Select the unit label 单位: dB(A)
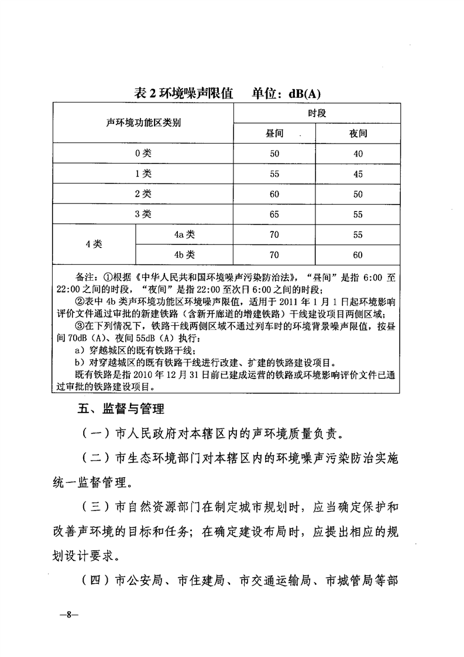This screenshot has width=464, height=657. point(287,94)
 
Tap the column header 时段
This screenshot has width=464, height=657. point(317,113)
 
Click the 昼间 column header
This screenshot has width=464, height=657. point(274,134)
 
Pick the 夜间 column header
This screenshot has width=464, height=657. point(358,134)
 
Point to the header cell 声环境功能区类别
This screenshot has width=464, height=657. point(143,124)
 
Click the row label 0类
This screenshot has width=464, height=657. point(143,154)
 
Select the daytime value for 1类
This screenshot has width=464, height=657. point(274,174)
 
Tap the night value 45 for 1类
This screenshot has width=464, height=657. point(358,174)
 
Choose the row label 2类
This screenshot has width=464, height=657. point(143,194)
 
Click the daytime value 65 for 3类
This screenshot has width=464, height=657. point(274,215)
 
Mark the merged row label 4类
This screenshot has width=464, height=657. point(94,244)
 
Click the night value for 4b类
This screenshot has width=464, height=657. point(358,255)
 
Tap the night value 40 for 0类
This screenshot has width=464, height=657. point(358,154)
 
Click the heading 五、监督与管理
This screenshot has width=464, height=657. point(121,409)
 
